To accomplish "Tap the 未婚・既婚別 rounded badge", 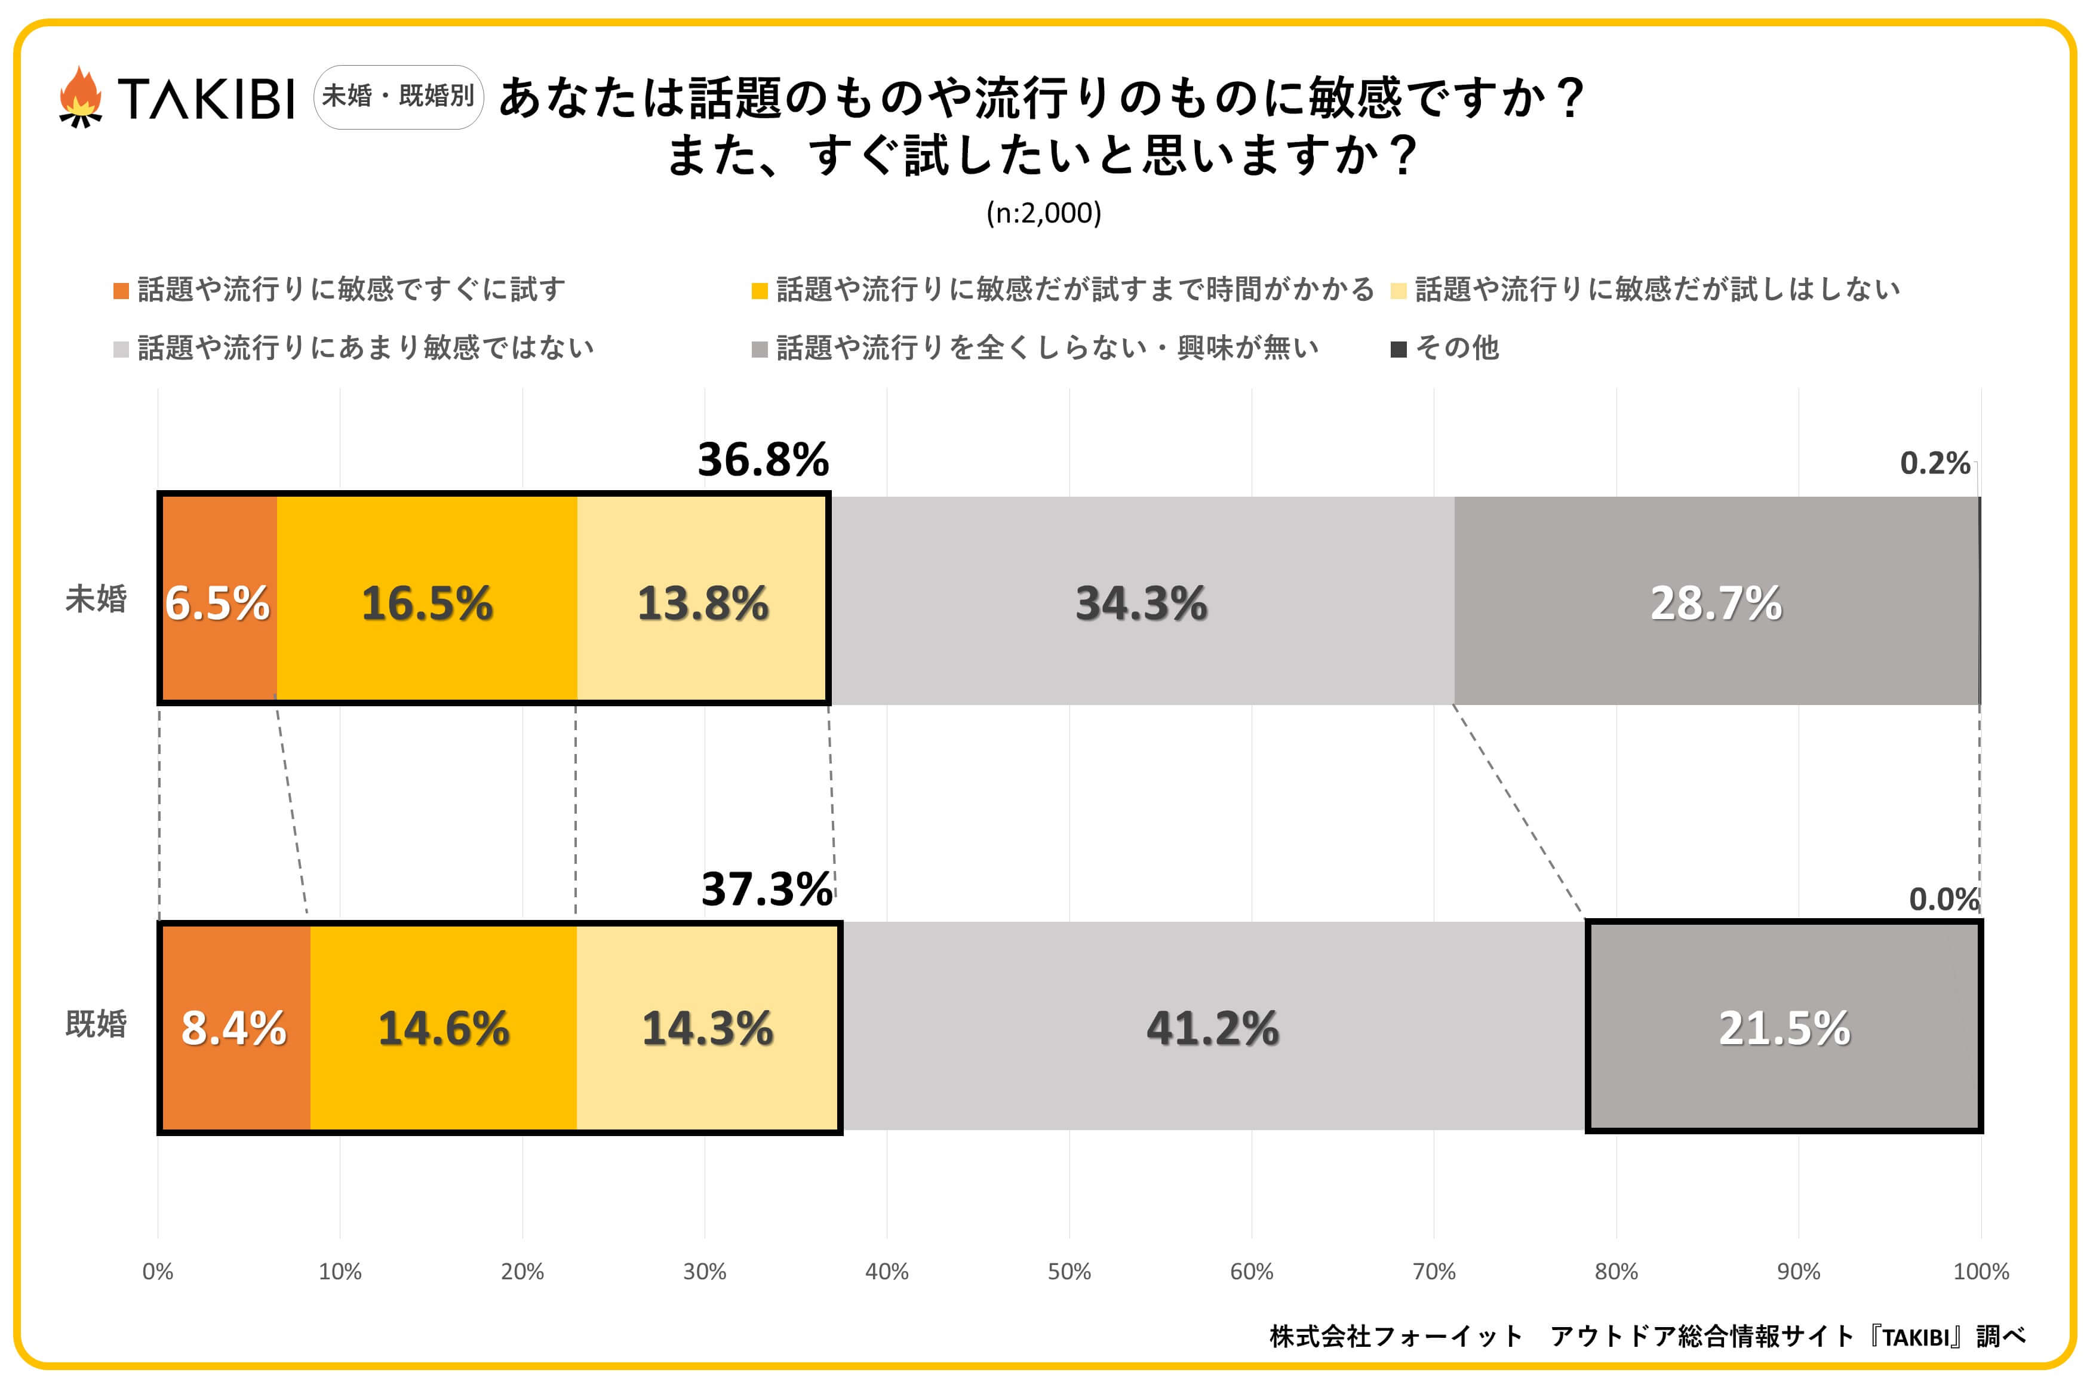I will (398, 97).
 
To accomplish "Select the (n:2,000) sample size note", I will (1044, 213).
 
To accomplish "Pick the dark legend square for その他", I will (1399, 349).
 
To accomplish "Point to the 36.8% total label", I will (763, 460).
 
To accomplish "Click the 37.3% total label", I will (767, 889).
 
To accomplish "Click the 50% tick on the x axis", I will (1069, 1272).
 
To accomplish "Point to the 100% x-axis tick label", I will (1980, 1272).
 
